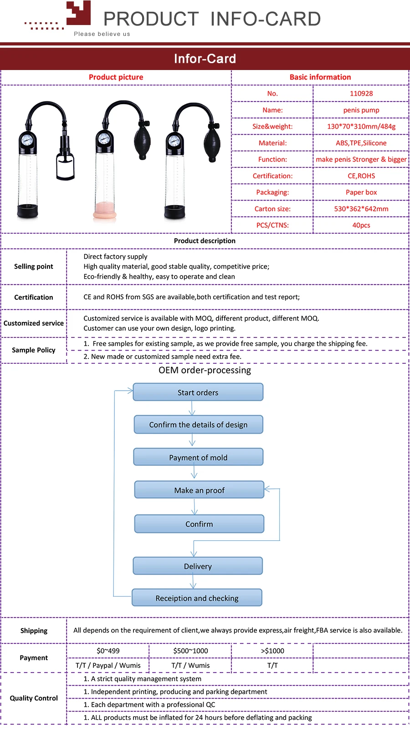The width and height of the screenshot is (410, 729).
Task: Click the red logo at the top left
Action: point(78,14)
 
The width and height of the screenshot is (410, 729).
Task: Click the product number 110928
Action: point(361,93)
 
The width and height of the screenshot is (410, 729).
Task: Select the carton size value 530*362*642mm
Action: point(361,209)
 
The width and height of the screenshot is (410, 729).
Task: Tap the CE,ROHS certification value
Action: point(361,176)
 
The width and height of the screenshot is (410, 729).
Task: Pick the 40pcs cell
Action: point(361,225)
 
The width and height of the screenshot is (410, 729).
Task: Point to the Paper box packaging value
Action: point(361,192)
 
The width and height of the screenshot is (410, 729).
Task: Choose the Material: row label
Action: point(272,143)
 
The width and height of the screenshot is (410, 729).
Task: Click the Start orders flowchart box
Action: point(198,392)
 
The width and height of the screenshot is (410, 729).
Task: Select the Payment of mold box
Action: point(198,457)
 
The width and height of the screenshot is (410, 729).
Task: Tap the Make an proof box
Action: point(199,490)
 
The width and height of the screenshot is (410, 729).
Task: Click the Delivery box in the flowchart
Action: point(198,566)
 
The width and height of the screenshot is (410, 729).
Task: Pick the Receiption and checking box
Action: point(197,598)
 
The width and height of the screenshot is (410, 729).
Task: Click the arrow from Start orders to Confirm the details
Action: point(192,408)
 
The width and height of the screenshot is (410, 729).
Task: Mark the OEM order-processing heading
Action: point(205,370)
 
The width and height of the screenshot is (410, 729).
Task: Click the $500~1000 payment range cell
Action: point(190,651)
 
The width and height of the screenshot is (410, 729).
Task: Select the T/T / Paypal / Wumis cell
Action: point(108,665)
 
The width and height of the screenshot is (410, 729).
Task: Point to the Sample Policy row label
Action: point(34,350)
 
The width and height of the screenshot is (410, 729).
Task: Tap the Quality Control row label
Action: point(34,698)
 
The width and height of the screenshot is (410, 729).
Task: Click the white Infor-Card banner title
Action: point(205,59)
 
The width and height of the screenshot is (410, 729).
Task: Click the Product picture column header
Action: point(116,77)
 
